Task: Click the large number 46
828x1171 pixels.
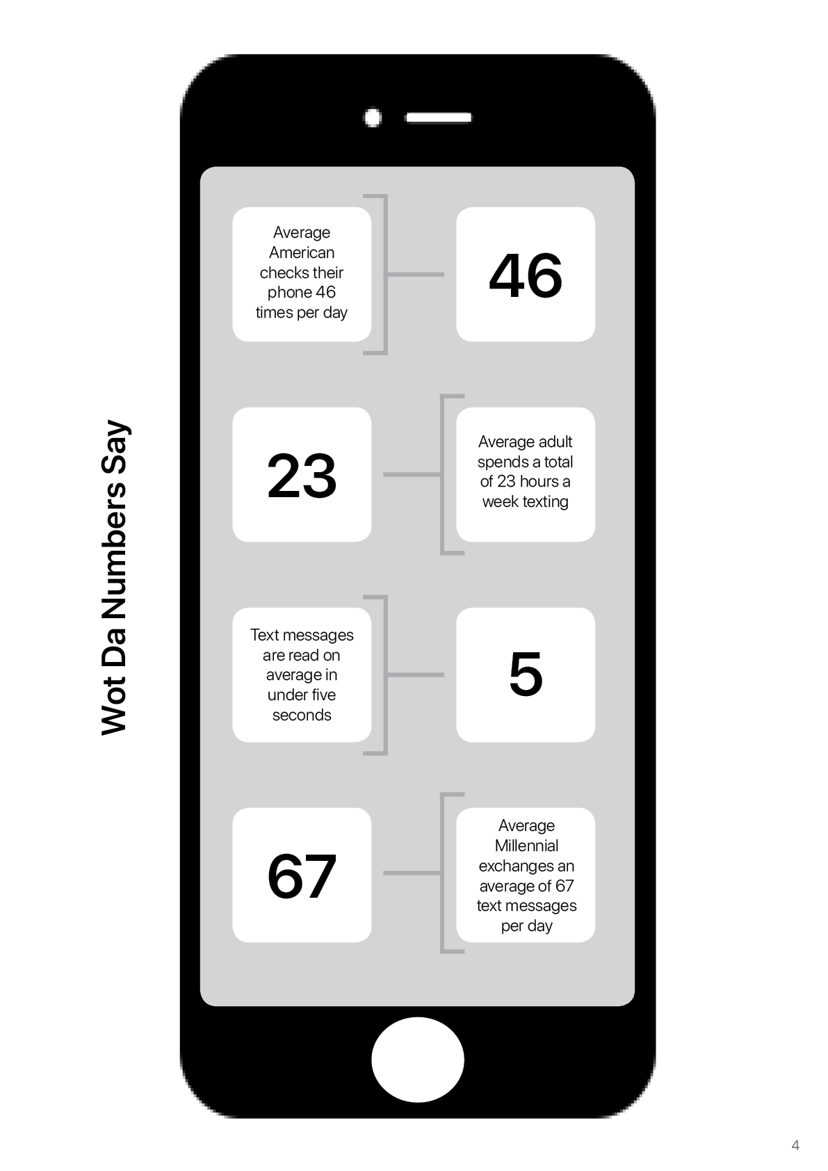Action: click(526, 275)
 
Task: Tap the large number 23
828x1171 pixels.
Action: click(302, 475)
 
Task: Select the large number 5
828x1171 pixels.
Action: click(526, 675)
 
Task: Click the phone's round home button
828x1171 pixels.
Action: click(418, 1059)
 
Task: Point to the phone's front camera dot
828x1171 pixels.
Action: click(372, 118)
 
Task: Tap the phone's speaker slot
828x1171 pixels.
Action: click(439, 118)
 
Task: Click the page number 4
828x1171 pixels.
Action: click(795, 1145)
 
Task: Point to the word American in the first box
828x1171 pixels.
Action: click(302, 252)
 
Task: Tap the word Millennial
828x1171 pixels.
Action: click(526, 846)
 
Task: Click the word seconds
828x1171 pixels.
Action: click(302, 715)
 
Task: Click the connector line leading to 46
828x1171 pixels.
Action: click(415, 274)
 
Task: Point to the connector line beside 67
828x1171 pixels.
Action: click(412, 873)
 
